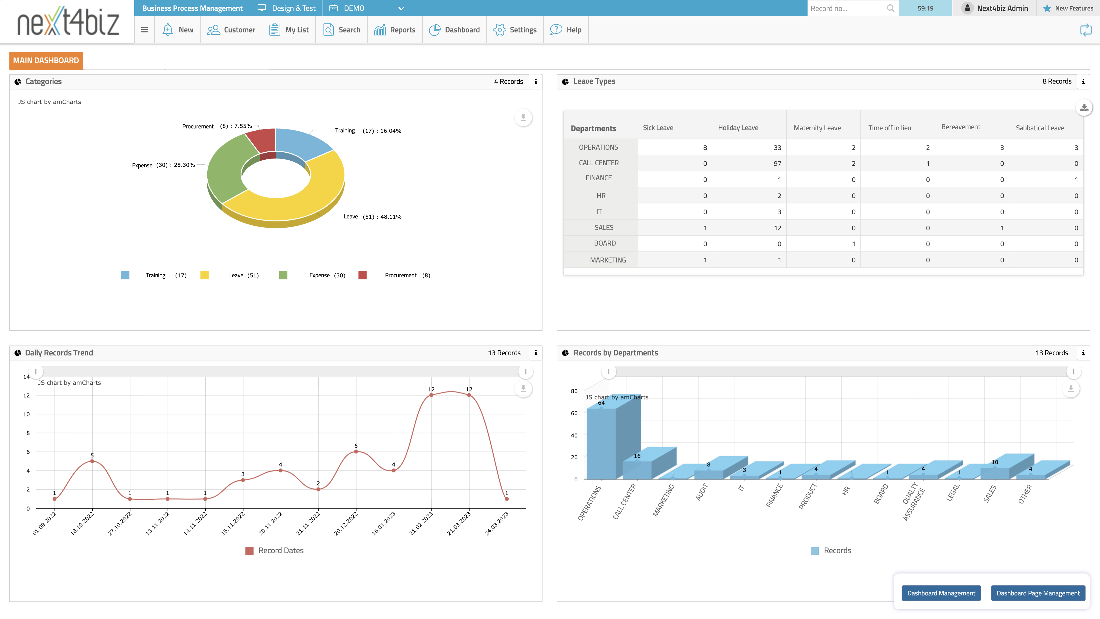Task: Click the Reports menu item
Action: tap(395, 30)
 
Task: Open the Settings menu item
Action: tap(515, 30)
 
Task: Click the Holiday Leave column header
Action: tap(738, 127)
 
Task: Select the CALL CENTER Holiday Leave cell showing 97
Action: tap(777, 163)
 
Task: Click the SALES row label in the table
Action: tap(604, 227)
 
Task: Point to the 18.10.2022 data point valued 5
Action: tap(92, 461)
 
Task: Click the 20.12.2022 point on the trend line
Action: tap(356, 452)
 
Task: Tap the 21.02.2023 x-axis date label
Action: tap(421, 523)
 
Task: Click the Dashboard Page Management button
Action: tap(1038, 593)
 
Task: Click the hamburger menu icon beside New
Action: tap(144, 30)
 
